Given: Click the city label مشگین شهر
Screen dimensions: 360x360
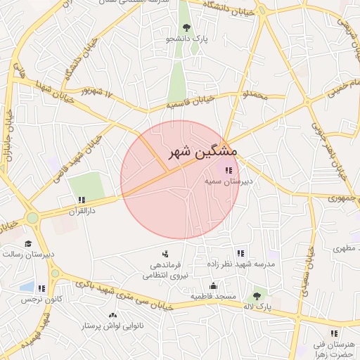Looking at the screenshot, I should click(x=203, y=152).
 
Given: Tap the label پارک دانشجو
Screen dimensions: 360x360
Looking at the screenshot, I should click(x=187, y=40).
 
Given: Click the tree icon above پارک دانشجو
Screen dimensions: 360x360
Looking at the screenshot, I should click(x=186, y=27).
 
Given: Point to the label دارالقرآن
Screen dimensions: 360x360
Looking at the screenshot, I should click(x=81, y=210).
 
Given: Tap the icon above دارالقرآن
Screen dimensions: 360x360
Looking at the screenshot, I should click(x=81, y=200).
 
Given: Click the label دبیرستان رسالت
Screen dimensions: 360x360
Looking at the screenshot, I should click(x=32, y=255).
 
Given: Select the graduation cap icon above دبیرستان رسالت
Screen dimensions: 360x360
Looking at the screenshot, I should click(x=27, y=243).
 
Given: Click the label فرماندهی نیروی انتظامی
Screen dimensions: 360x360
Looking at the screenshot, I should click(x=165, y=271).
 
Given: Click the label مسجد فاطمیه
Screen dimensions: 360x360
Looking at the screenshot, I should click(x=214, y=297).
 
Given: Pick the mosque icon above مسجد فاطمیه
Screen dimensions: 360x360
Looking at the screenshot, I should click(x=213, y=285).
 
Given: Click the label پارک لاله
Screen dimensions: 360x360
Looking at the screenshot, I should click(x=257, y=307).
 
